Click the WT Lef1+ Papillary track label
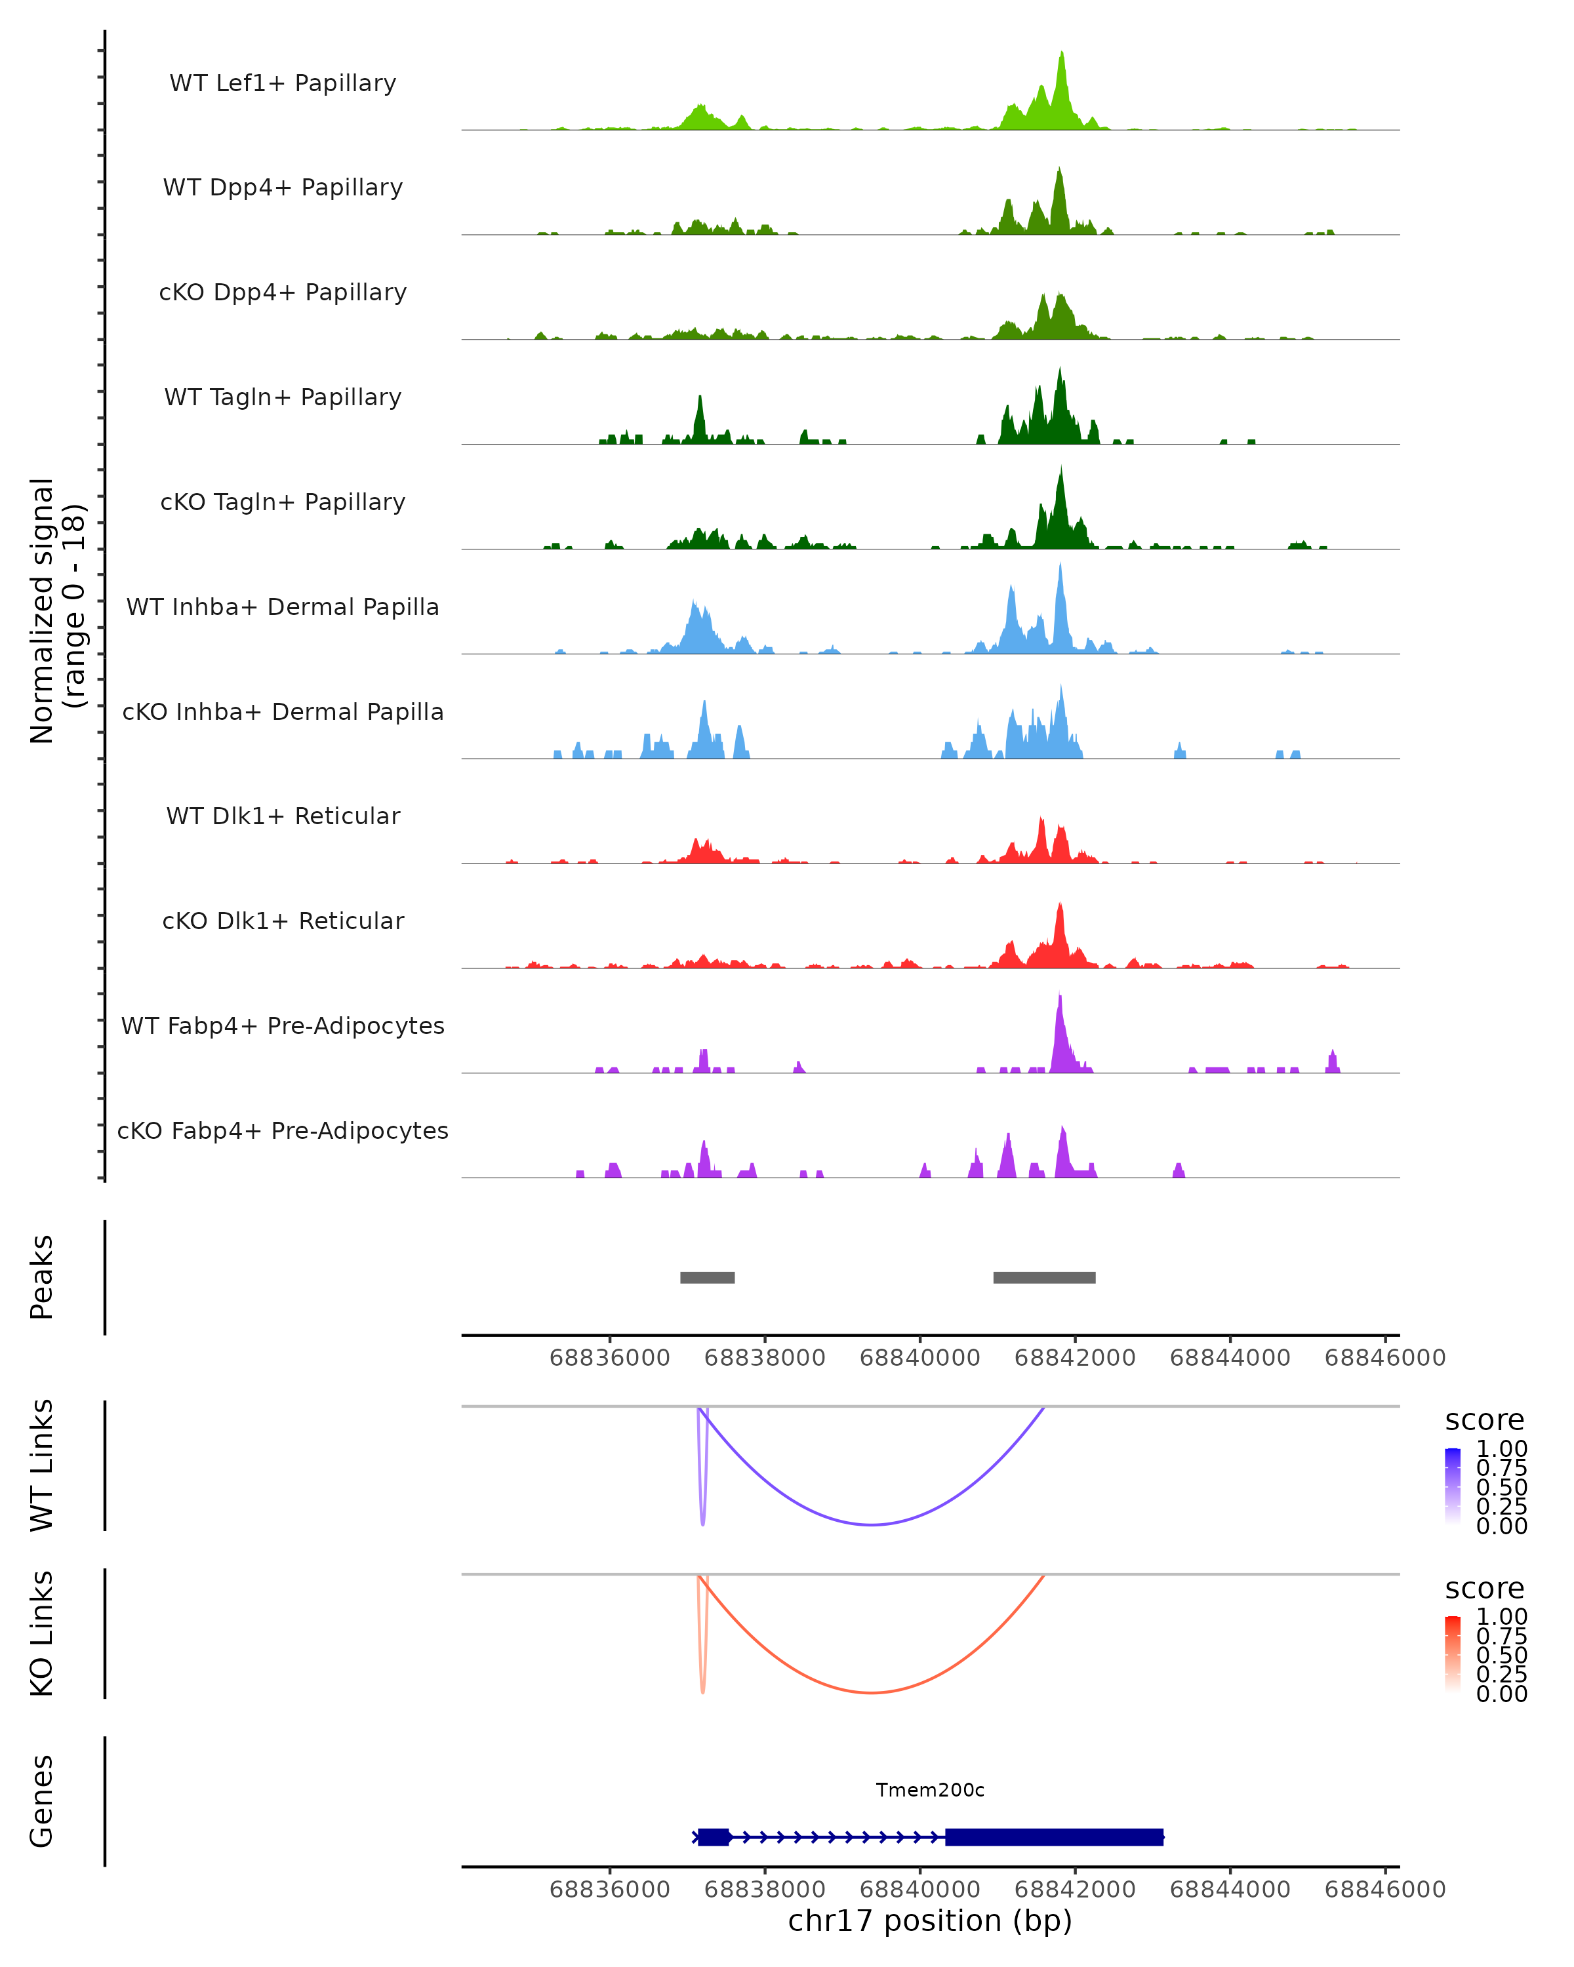(x=283, y=83)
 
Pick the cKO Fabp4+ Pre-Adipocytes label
(x=283, y=1130)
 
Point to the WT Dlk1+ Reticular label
(x=283, y=816)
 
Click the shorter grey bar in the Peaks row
(x=707, y=1277)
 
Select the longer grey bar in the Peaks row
(x=1044, y=1277)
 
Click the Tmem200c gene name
(x=930, y=1790)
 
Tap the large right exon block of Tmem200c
(x=1054, y=1837)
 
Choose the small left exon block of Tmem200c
(x=714, y=1837)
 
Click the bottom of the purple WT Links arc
(x=872, y=1524)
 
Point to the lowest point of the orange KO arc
(x=872, y=1692)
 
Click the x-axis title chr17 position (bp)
(x=930, y=1920)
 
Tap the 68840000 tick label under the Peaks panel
(x=919, y=1358)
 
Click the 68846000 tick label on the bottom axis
(x=1384, y=1890)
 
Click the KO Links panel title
(x=42, y=1633)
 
